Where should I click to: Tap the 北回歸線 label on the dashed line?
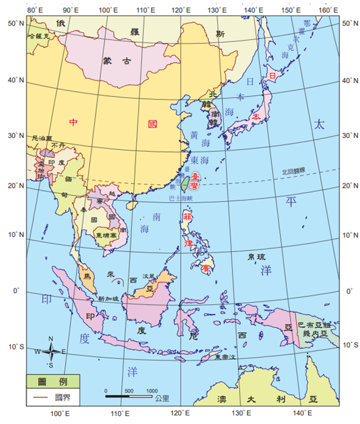[x=296, y=172]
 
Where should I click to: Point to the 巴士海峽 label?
[x=182, y=198]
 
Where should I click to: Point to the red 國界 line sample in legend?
[x=40, y=398]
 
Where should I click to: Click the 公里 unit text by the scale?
[x=162, y=398]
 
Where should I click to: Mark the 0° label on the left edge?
[x=18, y=290]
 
